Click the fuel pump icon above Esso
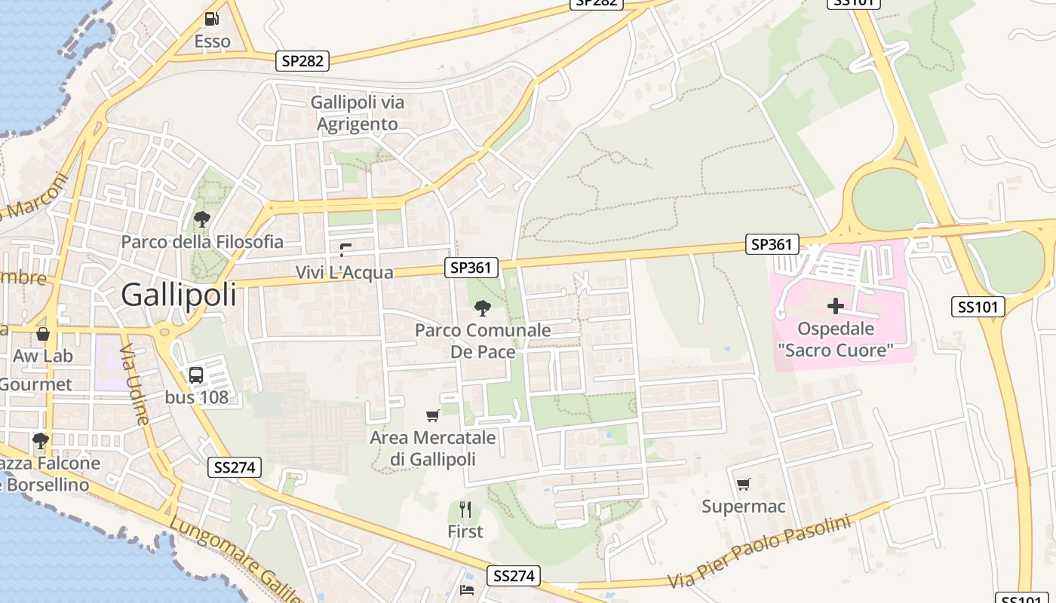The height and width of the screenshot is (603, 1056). point(212,19)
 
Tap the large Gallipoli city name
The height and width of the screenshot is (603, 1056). point(179,295)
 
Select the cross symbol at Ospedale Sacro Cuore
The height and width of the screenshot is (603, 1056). point(835,306)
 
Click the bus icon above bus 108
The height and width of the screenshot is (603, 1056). point(196,375)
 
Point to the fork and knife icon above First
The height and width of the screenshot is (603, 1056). point(465,510)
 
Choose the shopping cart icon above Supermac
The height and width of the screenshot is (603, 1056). point(743,484)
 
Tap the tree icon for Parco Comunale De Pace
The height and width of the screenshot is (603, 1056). point(482,308)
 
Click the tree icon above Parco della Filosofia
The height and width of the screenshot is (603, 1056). point(201,219)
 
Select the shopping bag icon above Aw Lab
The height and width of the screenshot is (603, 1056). point(42,333)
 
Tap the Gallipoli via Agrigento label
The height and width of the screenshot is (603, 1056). point(358,113)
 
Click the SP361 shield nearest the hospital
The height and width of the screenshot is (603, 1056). point(772,244)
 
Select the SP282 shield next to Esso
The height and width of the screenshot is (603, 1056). point(303,61)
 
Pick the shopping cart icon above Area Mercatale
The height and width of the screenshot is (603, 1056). point(432,415)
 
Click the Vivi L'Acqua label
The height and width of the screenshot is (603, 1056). point(344,272)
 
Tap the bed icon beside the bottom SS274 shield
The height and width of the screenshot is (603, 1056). point(467,589)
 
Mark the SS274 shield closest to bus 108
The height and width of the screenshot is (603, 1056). point(235,467)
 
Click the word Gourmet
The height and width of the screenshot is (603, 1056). point(35,384)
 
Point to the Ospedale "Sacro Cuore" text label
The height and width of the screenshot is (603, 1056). point(836,339)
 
